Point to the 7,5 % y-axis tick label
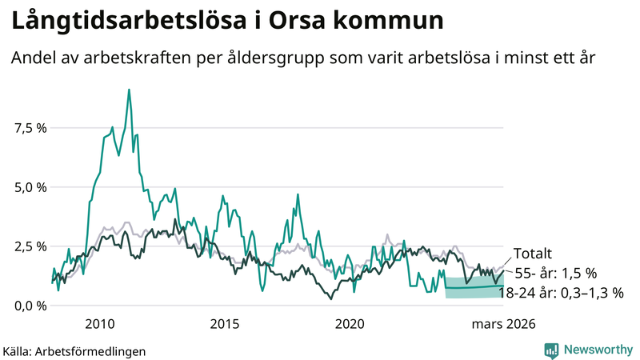tap(30, 128)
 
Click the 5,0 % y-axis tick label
tap(30, 187)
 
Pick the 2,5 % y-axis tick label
tap(30, 246)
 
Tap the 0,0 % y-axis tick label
tap(30, 306)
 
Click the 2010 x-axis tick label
tap(100, 324)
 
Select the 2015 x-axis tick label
tap(225, 324)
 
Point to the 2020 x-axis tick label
tap(350, 324)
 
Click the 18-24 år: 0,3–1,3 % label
tap(561, 293)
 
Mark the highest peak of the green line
tap(129, 90)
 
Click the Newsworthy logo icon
tap(551, 350)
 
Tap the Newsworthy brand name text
tap(598, 350)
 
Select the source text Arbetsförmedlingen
tap(91, 350)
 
